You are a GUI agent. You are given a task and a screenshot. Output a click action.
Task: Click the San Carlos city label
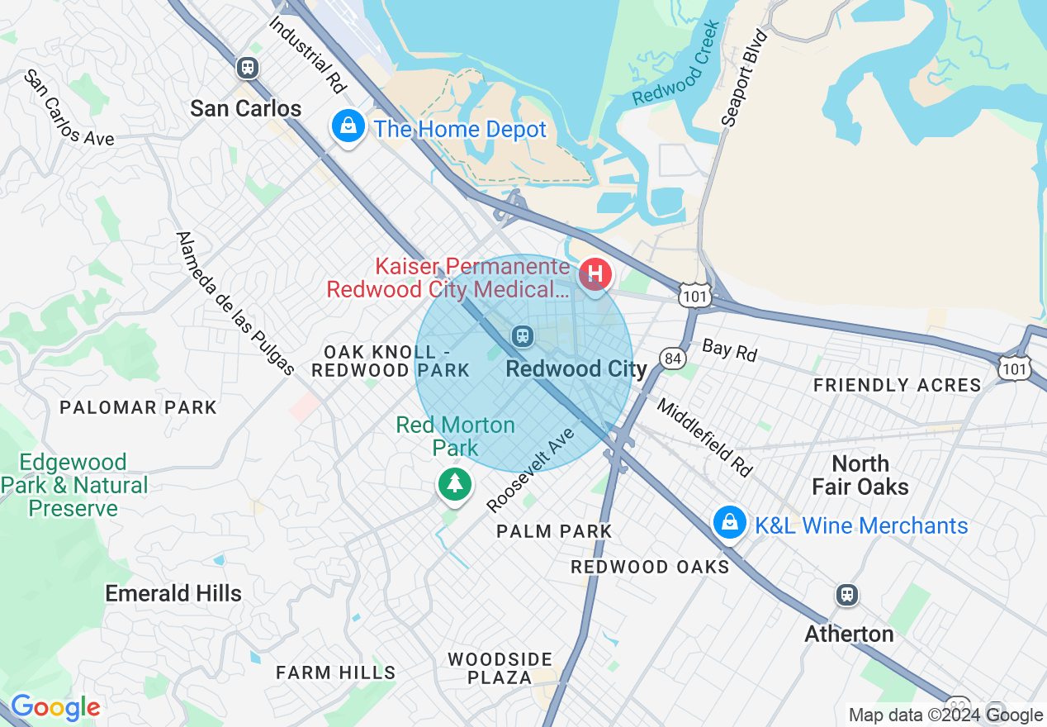tap(245, 108)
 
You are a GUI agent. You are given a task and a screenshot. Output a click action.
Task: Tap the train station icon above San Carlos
tap(247, 68)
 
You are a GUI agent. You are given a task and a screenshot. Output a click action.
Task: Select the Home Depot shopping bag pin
tap(348, 127)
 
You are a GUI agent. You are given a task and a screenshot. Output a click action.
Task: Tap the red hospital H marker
tap(595, 273)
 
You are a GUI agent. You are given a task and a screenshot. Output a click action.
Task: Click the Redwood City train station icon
tap(522, 335)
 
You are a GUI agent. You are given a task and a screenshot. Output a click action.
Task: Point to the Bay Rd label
tap(729, 349)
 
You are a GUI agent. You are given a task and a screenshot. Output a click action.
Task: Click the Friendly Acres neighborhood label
tap(897, 385)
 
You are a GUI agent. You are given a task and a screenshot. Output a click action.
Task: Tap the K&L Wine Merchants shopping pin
tap(730, 522)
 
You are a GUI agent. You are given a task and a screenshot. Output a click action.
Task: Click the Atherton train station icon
tap(846, 594)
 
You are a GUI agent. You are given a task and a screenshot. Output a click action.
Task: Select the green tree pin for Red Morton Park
tap(454, 482)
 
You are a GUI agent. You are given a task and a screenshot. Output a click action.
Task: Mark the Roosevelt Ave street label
tap(530, 470)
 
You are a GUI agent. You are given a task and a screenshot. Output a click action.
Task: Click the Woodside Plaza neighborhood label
tap(500, 668)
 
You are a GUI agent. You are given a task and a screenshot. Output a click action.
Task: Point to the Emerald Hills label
tap(173, 593)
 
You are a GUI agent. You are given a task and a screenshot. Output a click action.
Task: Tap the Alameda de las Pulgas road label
tap(235, 303)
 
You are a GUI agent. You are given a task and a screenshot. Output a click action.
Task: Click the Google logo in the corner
tap(55, 707)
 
